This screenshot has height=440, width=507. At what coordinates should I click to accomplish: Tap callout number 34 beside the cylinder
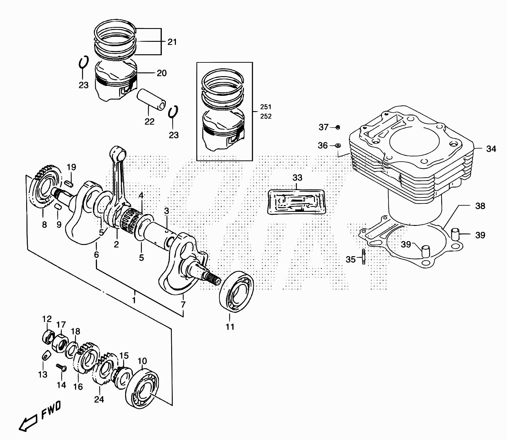point(491,149)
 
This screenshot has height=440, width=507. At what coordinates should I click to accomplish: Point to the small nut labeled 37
point(338,127)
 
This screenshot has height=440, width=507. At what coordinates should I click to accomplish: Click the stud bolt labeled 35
point(364,257)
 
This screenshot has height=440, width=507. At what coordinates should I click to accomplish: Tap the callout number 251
point(266,107)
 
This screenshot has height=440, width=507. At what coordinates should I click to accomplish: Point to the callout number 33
point(297,178)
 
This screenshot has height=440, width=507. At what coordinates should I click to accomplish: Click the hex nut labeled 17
point(60,344)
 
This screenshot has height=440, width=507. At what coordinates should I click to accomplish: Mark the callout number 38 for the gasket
point(480,206)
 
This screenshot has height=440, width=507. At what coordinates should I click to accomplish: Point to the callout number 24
point(99,399)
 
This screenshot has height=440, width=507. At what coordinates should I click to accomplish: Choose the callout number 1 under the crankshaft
point(134,301)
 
